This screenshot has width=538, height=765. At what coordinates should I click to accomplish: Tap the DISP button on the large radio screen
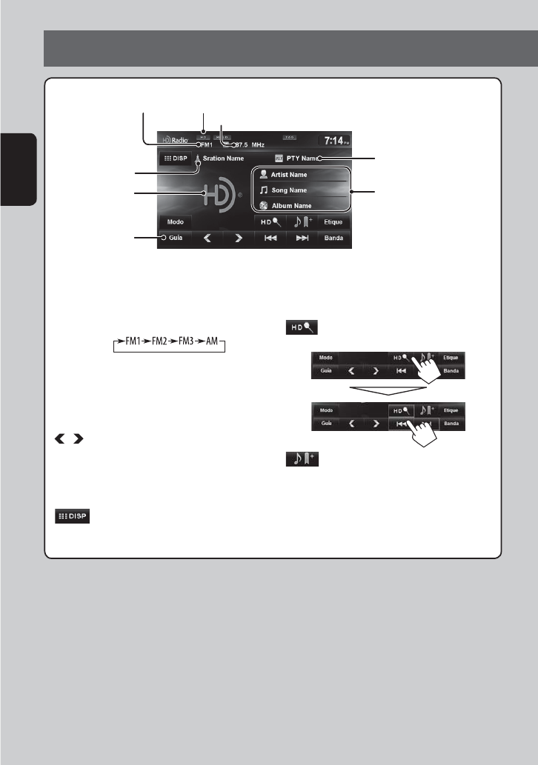click(x=175, y=158)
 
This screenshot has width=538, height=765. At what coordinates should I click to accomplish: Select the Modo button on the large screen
click(x=176, y=221)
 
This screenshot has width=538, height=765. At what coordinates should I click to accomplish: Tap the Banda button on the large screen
click(x=333, y=239)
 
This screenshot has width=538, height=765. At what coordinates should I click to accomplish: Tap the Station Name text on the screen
click(x=223, y=158)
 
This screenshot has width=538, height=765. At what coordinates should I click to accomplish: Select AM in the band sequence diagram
click(x=212, y=344)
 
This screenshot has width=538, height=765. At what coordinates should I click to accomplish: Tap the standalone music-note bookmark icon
click(x=299, y=459)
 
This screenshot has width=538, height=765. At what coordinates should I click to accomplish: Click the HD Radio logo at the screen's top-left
click(x=175, y=139)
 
